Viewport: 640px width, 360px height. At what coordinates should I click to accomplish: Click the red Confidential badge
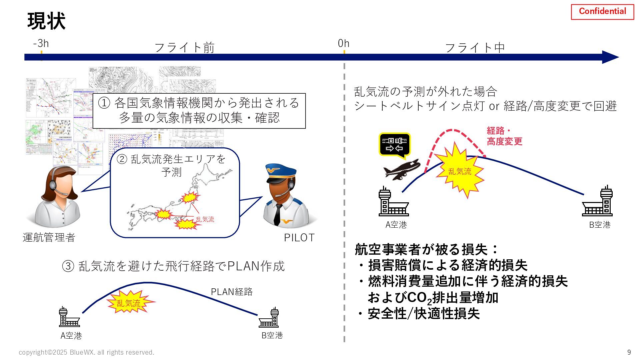[602, 12]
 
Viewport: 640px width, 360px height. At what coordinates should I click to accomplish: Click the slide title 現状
[46, 21]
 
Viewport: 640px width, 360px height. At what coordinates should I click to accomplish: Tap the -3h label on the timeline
[41, 43]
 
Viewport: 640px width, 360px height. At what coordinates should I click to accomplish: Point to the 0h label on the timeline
[343, 43]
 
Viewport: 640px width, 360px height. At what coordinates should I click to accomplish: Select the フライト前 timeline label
[184, 48]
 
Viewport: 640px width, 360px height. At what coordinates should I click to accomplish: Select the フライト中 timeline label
[475, 48]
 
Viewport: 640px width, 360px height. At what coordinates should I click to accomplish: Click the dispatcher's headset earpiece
[53, 185]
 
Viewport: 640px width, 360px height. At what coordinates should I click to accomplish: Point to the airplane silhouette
[402, 169]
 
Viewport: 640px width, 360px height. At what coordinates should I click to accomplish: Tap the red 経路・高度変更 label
[504, 136]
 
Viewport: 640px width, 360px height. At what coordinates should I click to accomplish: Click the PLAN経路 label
[232, 292]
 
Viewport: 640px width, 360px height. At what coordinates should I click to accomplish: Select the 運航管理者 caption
[49, 238]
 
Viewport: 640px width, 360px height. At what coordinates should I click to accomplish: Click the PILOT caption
[299, 238]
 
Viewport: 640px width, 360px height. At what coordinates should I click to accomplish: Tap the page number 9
[629, 352]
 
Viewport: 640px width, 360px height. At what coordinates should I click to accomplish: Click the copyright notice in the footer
[86, 352]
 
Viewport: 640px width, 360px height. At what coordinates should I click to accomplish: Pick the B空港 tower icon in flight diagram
[598, 202]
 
